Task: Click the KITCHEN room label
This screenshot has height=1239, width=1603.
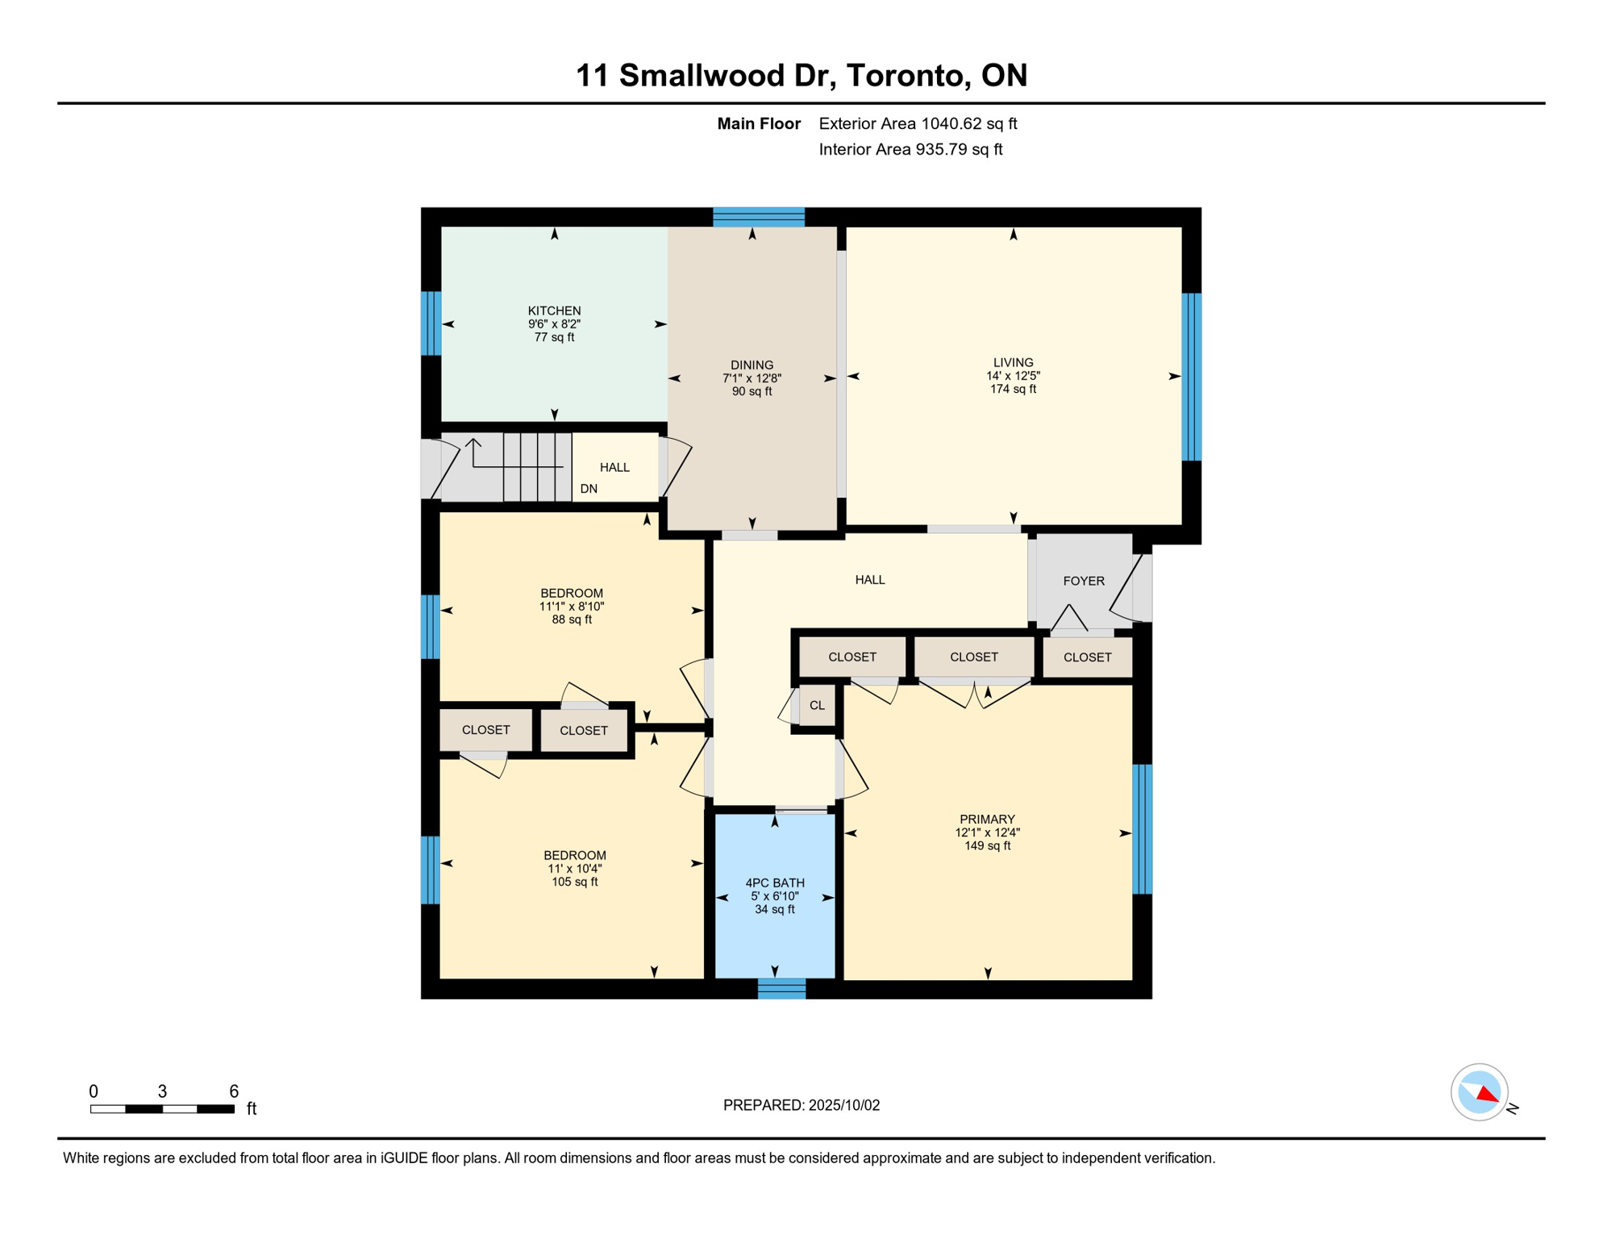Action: tap(554, 311)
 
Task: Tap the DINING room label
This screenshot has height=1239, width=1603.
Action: tap(752, 365)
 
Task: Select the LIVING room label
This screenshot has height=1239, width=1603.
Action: tap(1013, 362)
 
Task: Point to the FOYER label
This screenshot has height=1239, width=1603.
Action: tap(1083, 581)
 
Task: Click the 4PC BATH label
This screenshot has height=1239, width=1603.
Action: tap(774, 882)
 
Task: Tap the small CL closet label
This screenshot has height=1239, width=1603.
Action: tap(817, 705)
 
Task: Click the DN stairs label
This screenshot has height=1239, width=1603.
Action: tap(589, 488)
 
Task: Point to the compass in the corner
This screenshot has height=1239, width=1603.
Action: tap(1480, 1092)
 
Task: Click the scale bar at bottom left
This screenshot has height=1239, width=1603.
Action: tap(162, 1109)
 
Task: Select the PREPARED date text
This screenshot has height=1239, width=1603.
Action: tap(801, 1105)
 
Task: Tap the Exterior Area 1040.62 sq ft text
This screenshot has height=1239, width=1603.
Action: tap(918, 123)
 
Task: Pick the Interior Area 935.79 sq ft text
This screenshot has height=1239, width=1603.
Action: tap(910, 149)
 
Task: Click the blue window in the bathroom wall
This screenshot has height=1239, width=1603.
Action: tap(781, 989)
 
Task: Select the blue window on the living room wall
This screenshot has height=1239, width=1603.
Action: tap(1192, 377)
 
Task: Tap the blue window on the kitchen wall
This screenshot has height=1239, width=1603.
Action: tap(431, 323)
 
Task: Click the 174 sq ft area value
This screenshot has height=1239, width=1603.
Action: tap(1013, 389)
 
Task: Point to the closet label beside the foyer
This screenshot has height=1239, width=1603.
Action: tap(1087, 657)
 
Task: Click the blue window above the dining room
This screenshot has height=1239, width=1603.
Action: tap(759, 217)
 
